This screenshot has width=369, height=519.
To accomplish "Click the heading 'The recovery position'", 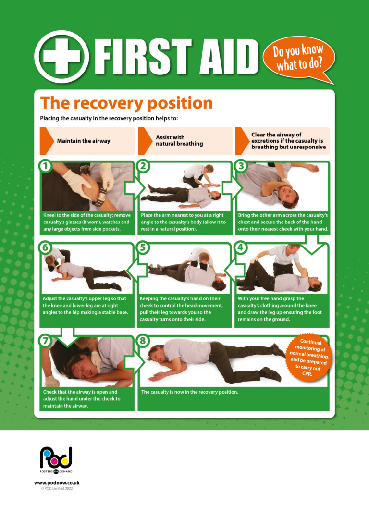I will [126, 103].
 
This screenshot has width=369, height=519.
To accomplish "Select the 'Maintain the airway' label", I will [84, 141].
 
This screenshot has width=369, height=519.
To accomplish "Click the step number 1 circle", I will [46, 166].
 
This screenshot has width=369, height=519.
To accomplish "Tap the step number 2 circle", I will [143, 166].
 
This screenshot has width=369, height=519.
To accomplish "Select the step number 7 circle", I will [46, 340].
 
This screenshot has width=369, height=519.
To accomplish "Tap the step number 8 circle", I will [143, 340].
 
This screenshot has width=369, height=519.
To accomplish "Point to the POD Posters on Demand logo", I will [56, 461].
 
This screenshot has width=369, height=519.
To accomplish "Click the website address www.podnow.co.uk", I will [57, 482].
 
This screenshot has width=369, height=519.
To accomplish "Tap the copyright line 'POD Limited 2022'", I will [57, 488].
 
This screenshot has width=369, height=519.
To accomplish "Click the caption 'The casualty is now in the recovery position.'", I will [189, 392].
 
